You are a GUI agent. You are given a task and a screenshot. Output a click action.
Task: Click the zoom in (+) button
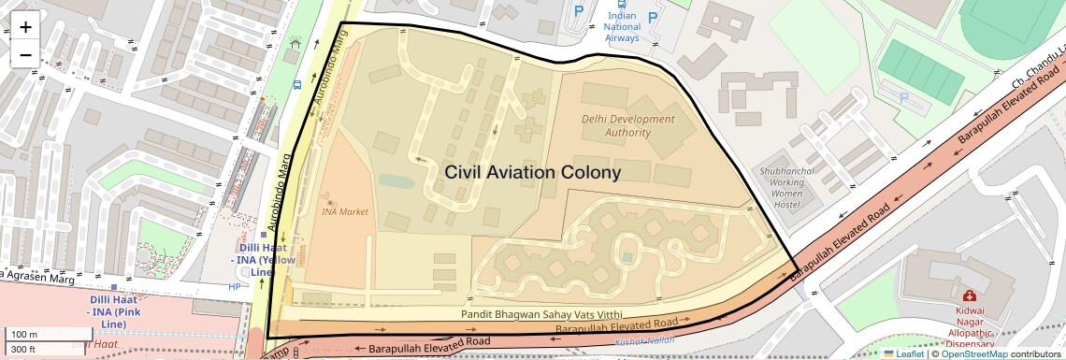pyautogui.click(x=25, y=27)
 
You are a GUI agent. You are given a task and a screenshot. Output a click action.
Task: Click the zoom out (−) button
pyautogui.click(x=25, y=54)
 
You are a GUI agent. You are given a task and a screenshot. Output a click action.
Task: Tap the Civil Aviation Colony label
pyautogui.click(x=532, y=173)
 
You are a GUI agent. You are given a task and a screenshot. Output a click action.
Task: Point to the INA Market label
pyautogui.click(x=344, y=211)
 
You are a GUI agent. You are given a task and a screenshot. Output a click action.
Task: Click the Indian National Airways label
pyautogui.click(x=623, y=27)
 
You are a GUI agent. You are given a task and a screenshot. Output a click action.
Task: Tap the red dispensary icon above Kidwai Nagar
pyautogui.click(x=969, y=295)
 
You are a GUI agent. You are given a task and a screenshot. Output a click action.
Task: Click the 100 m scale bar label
pyautogui.click(x=23, y=335)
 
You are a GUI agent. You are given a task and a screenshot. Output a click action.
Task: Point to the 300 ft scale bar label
pyautogui.click(x=23, y=350)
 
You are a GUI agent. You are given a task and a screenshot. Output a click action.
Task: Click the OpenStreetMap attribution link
pyautogui.click(x=973, y=353)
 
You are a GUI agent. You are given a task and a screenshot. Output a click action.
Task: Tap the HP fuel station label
pyautogui.click(x=234, y=287)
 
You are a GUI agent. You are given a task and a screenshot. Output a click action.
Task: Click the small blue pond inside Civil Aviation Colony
pyautogui.click(x=396, y=180)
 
